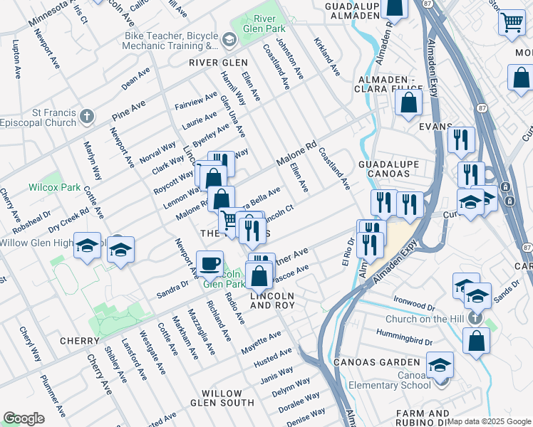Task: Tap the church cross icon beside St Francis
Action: coord(87,115)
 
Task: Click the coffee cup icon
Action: coord(209,264)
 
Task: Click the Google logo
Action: coord(24,418)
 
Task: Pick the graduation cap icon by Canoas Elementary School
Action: coord(440,365)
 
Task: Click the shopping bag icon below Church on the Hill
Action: coord(476,342)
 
